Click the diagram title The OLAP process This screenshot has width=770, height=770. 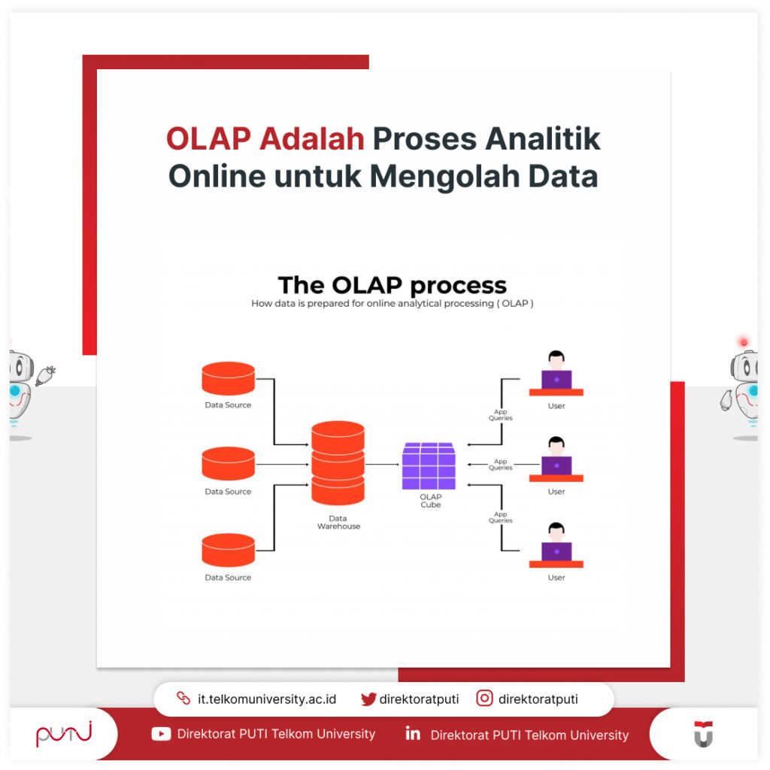[392, 286]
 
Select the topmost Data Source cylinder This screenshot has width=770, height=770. [229, 378]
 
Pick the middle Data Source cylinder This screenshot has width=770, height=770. [229, 464]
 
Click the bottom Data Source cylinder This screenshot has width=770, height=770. [229, 550]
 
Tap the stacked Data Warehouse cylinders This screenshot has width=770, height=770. [338, 463]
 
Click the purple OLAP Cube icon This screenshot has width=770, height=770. [429, 465]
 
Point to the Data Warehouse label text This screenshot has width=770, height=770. [338, 523]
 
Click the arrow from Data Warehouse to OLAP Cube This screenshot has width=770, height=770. [383, 465]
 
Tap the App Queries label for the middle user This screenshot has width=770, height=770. [500, 465]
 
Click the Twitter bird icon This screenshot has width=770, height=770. [368, 699]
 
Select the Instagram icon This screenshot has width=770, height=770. [485, 699]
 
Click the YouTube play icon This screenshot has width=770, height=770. [161, 734]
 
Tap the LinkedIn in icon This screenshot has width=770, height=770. [413, 734]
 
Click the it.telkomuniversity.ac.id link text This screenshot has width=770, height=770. [267, 699]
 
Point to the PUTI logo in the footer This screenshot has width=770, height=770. [64, 734]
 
